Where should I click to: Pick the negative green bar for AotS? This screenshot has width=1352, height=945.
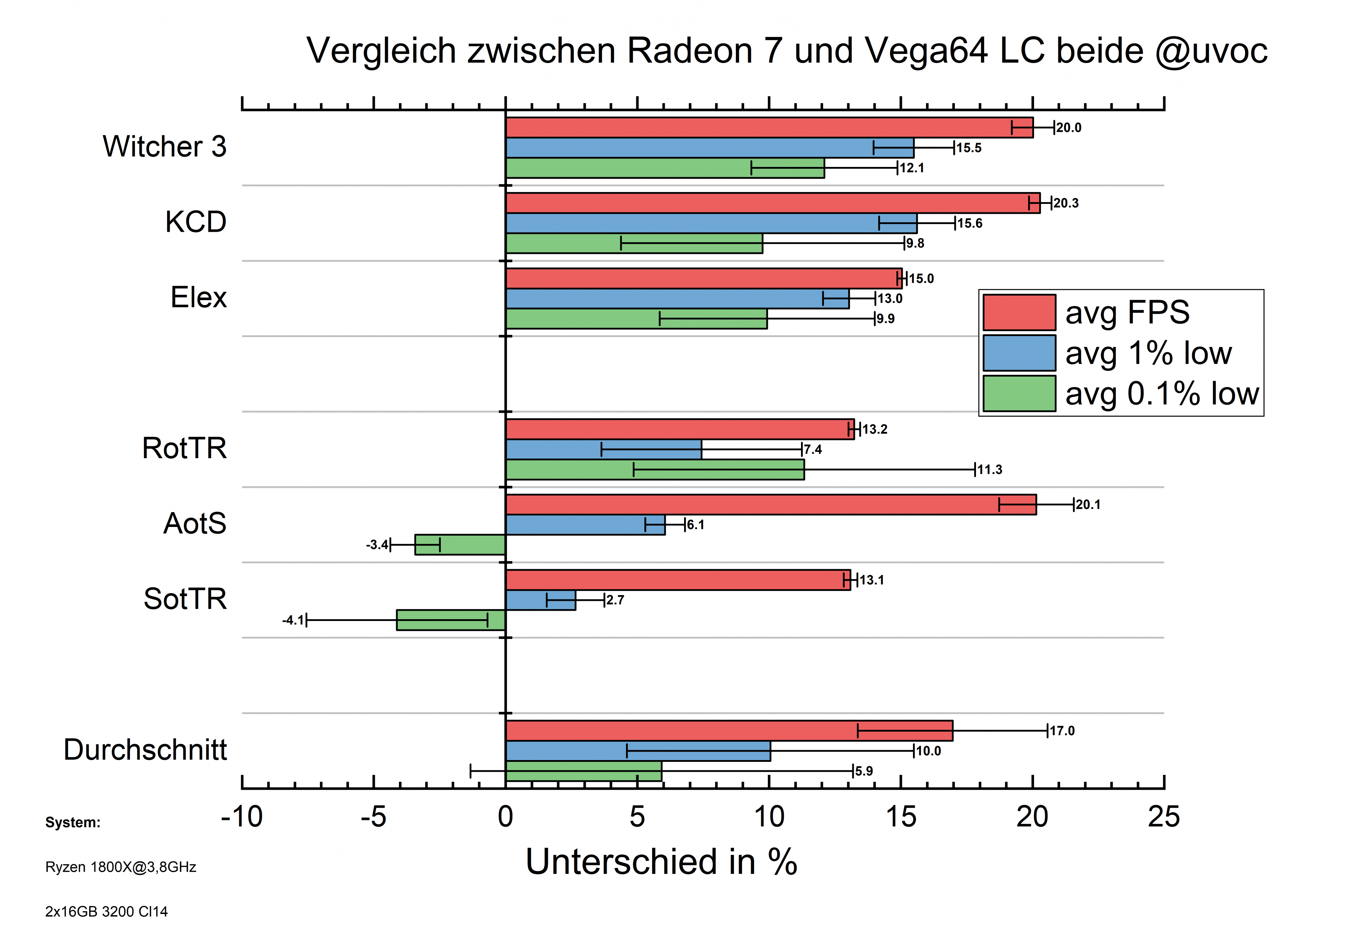460,545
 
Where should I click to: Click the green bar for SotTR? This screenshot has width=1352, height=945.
450,620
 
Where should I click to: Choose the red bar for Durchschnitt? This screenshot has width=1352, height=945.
728,730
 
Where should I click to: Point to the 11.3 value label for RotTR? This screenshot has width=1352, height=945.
989,470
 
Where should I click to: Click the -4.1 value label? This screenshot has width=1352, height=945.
293,620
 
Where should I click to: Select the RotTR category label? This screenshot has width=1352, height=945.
184,448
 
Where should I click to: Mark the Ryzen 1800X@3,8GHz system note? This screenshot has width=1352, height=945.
121,867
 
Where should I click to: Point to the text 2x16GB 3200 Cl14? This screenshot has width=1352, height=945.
107,912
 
